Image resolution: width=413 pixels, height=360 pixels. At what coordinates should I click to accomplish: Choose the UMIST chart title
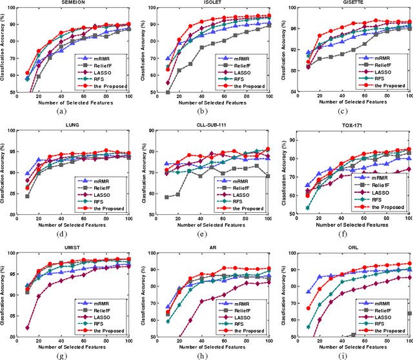pyautogui.click(x=75, y=248)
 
